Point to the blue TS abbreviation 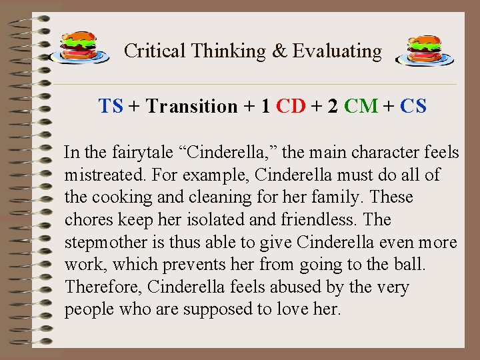pos(111,106)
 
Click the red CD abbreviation pos(291,106)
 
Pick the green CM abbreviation pos(361,106)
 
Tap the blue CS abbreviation pos(413,106)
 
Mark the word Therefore pos(103,287)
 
